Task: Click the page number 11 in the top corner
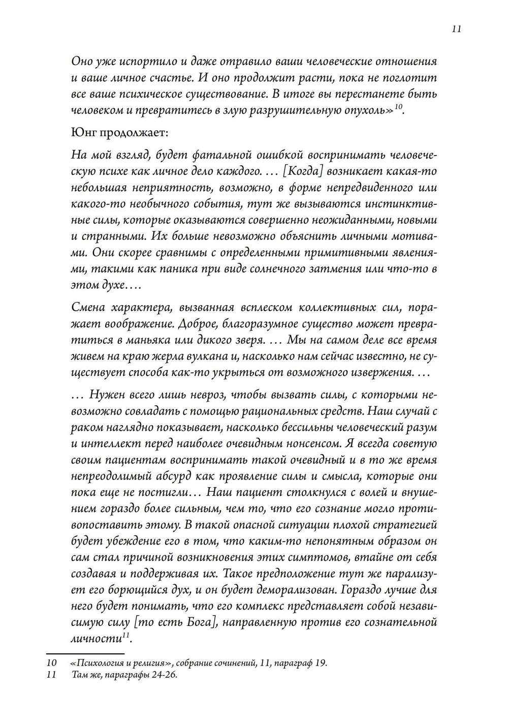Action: [x=456, y=29]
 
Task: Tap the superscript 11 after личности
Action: [x=126, y=636]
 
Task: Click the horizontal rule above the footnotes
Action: [x=85, y=654]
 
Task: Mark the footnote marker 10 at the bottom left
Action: [x=51, y=663]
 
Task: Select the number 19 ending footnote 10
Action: [x=320, y=663]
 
